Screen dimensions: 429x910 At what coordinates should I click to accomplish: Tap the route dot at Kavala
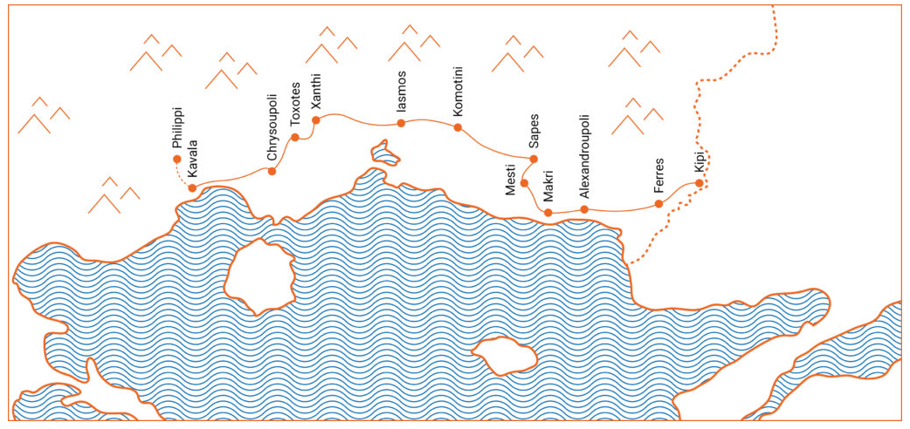[192, 187]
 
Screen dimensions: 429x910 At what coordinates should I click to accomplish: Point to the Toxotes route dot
[295, 137]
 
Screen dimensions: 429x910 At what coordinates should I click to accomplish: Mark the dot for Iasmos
[401, 123]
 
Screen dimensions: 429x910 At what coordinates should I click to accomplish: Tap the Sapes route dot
[534, 159]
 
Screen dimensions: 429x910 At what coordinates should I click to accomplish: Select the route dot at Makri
[548, 213]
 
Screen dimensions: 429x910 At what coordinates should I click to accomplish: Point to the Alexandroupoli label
[584, 158]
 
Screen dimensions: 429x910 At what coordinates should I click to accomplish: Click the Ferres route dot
[658, 204]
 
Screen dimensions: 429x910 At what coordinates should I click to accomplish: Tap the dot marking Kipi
[699, 183]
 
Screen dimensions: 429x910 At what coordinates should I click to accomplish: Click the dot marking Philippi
[177, 160]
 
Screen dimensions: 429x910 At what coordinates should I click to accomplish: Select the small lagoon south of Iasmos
[384, 154]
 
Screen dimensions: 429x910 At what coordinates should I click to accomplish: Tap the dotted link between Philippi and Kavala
[183, 174]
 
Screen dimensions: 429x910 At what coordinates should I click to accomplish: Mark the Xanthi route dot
[317, 119]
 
